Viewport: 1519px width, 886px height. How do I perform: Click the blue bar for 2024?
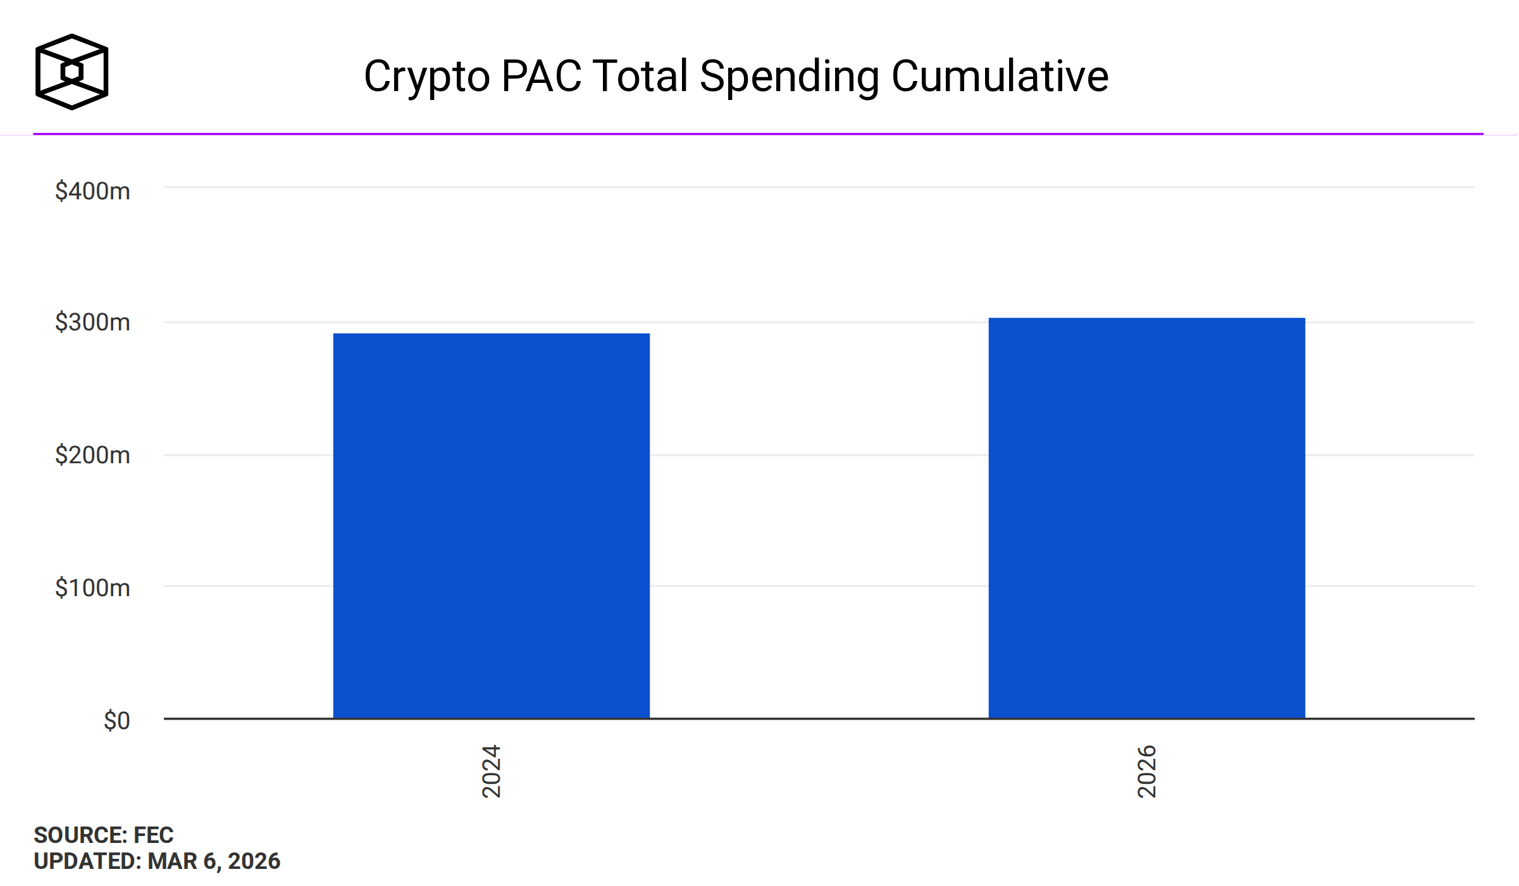pos(491,525)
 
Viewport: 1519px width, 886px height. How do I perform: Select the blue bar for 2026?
pos(1146,518)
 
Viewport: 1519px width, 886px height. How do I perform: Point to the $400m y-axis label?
pos(92,191)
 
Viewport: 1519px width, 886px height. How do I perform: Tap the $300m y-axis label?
pos(92,322)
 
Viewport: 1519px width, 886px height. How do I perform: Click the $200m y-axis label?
pos(92,455)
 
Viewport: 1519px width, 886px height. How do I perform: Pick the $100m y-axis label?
pos(92,588)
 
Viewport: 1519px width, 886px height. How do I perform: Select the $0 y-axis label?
pos(116,721)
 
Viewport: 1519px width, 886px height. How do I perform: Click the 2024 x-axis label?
pos(492,771)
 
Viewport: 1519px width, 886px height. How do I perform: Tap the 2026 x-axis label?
pos(1147,771)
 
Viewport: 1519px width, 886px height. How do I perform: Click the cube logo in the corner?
pos(71,72)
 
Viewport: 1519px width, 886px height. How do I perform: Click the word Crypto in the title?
pos(427,77)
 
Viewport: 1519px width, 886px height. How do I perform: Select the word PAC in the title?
pos(541,77)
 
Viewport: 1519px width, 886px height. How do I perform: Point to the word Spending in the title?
pos(789,77)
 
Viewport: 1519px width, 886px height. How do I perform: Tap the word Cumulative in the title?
pos(1000,77)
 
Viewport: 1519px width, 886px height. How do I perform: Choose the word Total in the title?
pos(640,77)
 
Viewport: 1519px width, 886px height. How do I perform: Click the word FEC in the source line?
pos(154,835)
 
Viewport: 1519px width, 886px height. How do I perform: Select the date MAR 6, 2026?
pos(214,861)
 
